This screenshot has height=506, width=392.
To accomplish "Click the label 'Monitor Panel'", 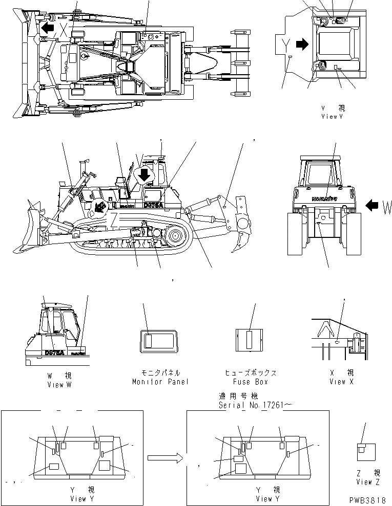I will [160, 382].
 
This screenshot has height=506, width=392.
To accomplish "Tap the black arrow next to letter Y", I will [303, 45].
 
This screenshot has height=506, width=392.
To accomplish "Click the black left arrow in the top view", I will [48, 27].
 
